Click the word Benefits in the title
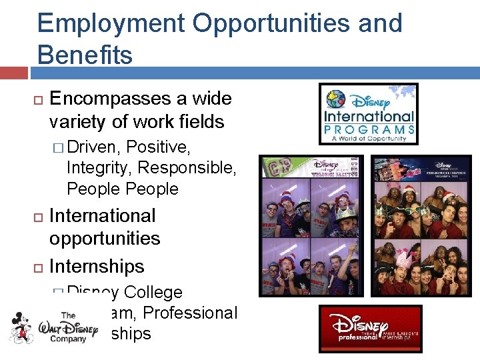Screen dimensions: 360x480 point(85,55)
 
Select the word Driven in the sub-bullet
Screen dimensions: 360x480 point(94,146)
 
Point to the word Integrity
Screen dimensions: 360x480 point(95,167)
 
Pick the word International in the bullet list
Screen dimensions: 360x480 point(102,216)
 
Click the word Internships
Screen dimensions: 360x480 point(97,266)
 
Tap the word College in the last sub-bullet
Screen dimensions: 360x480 point(153,292)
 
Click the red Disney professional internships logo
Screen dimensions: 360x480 point(370,329)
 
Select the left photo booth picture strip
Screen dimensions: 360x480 point(312,226)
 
